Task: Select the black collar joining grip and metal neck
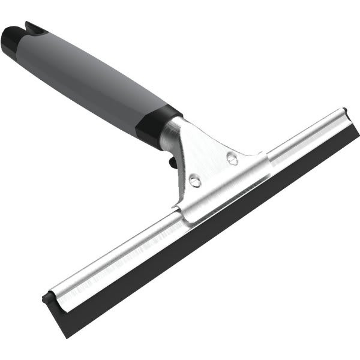(x=156, y=126)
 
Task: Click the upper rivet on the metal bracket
(x=232, y=158)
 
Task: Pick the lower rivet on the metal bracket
(x=194, y=180)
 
